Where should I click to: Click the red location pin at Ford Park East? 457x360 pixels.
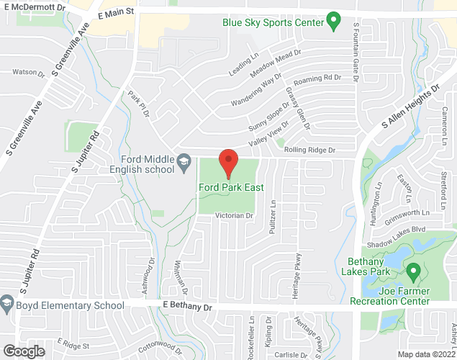[228, 162]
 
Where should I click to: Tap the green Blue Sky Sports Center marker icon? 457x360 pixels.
[333, 22]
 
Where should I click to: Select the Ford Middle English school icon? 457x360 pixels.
[184, 159]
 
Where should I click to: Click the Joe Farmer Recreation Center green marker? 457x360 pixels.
[413, 272]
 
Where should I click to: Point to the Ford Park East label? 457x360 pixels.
[231, 188]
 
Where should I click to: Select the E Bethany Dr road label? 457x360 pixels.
[189, 307]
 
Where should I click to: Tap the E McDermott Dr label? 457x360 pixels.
[34, 6]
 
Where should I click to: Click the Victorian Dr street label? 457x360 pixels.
[235, 215]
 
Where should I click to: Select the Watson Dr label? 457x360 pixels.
[24, 71]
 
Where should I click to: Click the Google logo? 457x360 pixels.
[23, 351]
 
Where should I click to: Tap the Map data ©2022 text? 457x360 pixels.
[427, 354]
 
